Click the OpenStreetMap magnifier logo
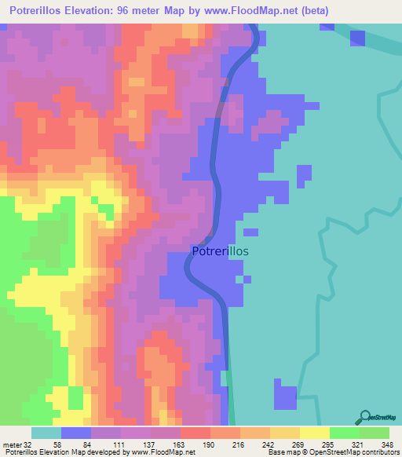click(364, 416)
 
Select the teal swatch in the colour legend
click(46, 433)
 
